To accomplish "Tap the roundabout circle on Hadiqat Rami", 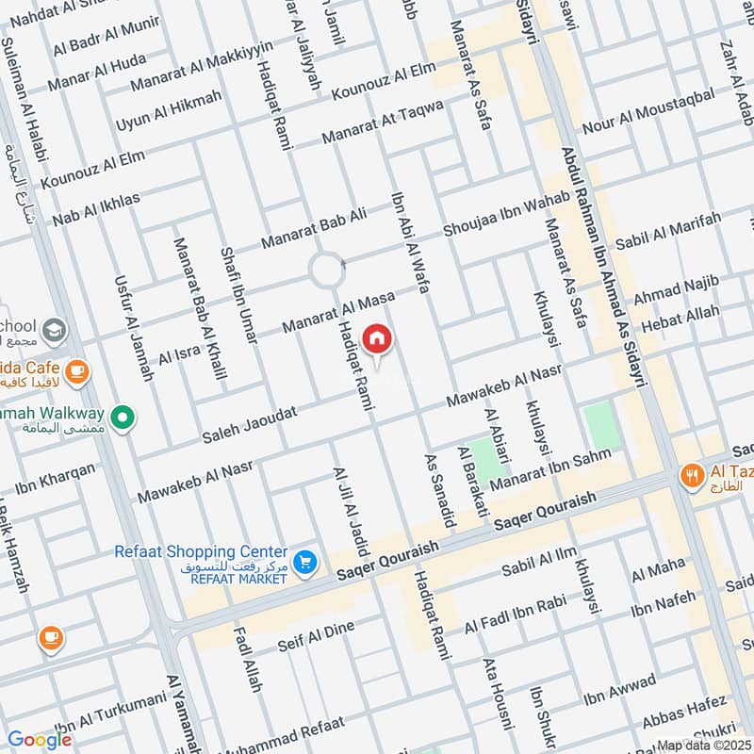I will coord(327,270).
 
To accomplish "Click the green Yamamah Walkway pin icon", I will coord(122,416).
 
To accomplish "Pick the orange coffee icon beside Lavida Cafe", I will coord(78,370).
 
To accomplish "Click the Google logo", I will coord(40,740).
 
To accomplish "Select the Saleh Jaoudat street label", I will coord(250,425).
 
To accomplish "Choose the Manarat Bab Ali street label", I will coord(314,227).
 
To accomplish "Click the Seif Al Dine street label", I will coord(316,637).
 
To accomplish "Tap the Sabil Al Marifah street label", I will coord(668,231).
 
